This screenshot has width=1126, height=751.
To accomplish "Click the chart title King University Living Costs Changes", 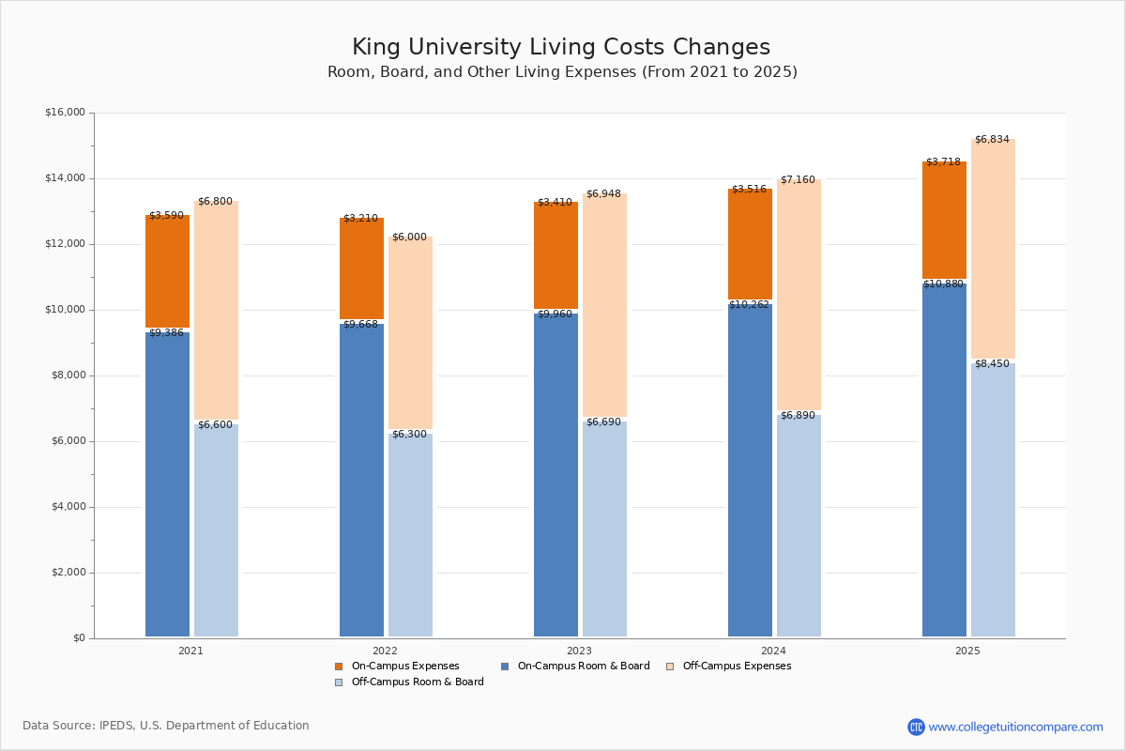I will pyautogui.click(x=561, y=48).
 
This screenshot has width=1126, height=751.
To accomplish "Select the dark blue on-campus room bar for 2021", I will pyautogui.click(x=167, y=483).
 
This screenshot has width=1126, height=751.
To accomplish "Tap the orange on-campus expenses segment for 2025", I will pyautogui.click(x=944, y=221).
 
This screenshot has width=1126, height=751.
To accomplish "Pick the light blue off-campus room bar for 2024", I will pyautogui.click(x=799, y=526).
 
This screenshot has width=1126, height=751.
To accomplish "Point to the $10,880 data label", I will pyautogui.click(x=943, y=284).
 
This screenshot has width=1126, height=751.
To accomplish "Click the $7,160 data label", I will pyautogui.click(x=798, y=180).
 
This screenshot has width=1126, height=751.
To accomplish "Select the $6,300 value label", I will pyautogui.click(x=409, y=435).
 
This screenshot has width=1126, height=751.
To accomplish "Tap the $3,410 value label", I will pyautogui.click(x=555, y=203).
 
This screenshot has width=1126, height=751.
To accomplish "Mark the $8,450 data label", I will pyautogui.click(x=992, y=364).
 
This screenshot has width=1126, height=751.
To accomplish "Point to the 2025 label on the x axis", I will pyautogui.click(x=967, y=651).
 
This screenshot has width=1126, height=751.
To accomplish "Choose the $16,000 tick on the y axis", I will pyautogui.click(x=65, y=113).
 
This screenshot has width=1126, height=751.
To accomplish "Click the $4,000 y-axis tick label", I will pyautogui.click(x=67, y=507).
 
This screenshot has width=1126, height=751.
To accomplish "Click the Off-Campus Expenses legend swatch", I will pyautogui.click(x=670, y=667).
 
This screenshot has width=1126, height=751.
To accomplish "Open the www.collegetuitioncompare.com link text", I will pyautogui.click(x=1015, y=727).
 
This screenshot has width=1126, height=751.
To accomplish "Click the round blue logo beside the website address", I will pyautogui.click(x=916, y=727).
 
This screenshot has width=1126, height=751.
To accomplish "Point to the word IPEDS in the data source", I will pyautogui.click(x=117, y=726).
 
